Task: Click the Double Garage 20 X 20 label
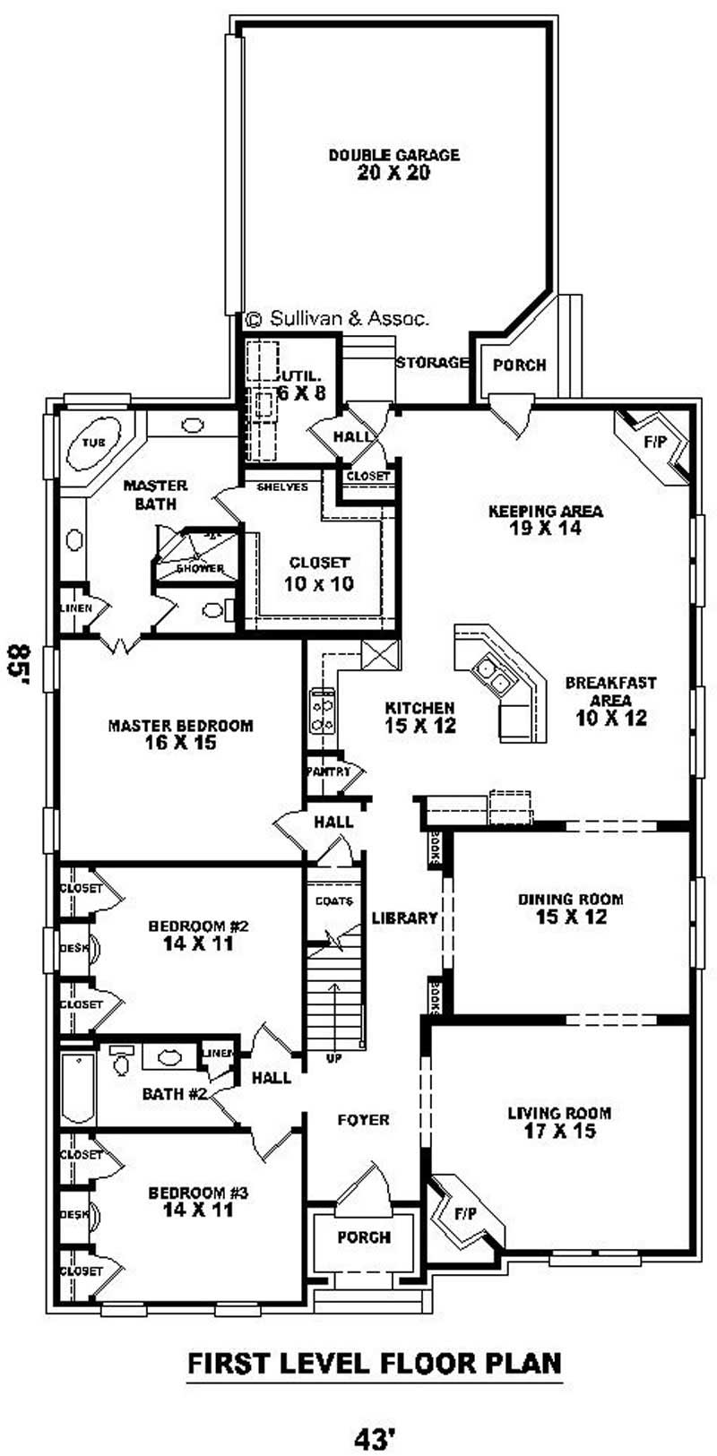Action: [x=393, y=164]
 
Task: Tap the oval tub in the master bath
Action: [x=92, y=444]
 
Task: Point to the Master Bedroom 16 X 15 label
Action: [x=180, y=734]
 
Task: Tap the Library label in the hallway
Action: [x=404, y=918]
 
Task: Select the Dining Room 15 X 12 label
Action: [x=570, y=908]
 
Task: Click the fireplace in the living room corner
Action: [x=463, y=1217]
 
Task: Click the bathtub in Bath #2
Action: [x=77, y=1082]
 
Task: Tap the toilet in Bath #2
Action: [x=121, y=1062]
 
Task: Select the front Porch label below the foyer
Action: [x=364, y=1237]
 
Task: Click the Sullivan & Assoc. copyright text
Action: [x=338, y=317]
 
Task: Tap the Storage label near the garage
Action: [x=433, y=363]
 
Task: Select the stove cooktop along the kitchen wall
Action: [x=322, y=713]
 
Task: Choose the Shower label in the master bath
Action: [x=199, y=568]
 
